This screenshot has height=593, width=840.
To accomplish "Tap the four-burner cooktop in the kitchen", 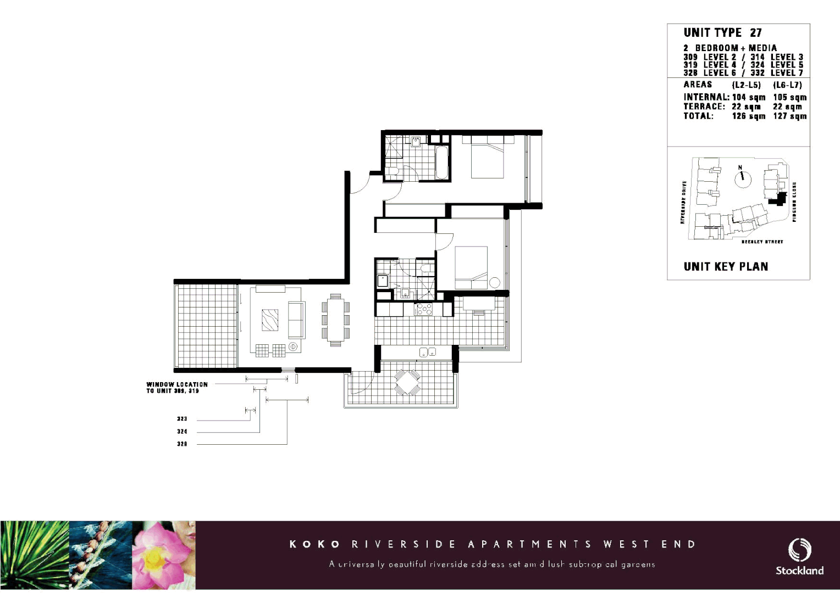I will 423,310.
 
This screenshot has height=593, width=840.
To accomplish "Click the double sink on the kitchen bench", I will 427,353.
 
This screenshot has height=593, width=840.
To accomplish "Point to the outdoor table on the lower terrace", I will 407,382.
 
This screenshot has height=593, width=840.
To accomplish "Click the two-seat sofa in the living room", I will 296,320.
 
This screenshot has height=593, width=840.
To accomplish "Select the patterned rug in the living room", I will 270,320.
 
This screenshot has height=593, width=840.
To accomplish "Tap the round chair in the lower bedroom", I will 495,283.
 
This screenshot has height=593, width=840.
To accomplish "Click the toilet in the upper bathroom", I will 393,171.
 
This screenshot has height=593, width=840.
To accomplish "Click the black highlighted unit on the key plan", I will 778,199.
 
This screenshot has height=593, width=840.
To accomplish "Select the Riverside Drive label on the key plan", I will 683,203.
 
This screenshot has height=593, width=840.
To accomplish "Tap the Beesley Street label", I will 762,242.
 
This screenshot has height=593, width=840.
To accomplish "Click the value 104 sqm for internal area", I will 748,97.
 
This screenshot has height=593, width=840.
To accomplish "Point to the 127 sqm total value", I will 790,116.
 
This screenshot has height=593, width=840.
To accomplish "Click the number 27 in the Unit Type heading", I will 756,33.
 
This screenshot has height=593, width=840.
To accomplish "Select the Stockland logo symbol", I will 800,550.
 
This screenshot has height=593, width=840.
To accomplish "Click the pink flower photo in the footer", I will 164,555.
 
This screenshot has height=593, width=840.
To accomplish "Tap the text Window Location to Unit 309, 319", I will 177,388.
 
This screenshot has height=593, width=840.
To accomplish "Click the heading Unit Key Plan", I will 726,267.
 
